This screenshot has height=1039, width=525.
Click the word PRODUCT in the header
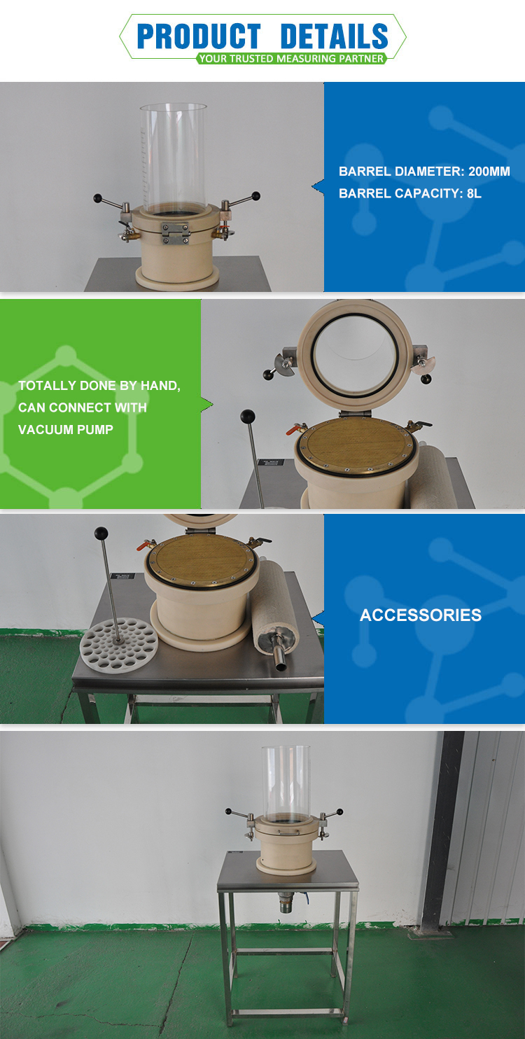click(x=199, y=36)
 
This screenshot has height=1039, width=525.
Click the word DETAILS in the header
click(x=334, y=36)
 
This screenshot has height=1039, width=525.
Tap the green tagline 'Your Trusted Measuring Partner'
click(x=291, y=59)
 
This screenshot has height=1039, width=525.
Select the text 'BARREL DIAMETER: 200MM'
click(x=424, y=172)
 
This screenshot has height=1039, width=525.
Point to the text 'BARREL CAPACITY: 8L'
click(x=410, y=194)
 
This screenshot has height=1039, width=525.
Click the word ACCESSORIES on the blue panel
click(x=421, y=615)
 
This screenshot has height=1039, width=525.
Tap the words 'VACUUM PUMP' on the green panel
click(x=66, y=429)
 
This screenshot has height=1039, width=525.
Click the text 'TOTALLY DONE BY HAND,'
click(x=99, y=386)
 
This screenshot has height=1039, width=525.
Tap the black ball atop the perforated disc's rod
click(x=101, y=534)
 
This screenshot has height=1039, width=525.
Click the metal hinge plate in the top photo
click(x=175, y=233)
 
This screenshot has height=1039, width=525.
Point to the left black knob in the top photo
click(x=98, y=198)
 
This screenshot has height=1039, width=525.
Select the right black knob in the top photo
click(x=255, y=196)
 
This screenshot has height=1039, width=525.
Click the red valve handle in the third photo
click(x=147, y=544)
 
